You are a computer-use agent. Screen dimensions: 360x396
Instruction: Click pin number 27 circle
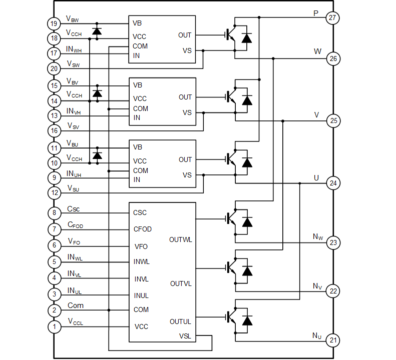333,18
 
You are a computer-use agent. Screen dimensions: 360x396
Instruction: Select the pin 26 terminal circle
333,59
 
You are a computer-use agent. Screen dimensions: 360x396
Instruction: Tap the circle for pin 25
333,121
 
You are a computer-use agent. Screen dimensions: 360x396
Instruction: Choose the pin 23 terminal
333,242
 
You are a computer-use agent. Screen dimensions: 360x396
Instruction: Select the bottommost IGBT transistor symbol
229,316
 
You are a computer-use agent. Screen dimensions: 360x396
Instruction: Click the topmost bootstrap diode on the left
97,31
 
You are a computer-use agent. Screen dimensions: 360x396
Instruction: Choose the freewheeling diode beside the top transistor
247,33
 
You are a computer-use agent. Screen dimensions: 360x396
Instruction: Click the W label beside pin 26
317,50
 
